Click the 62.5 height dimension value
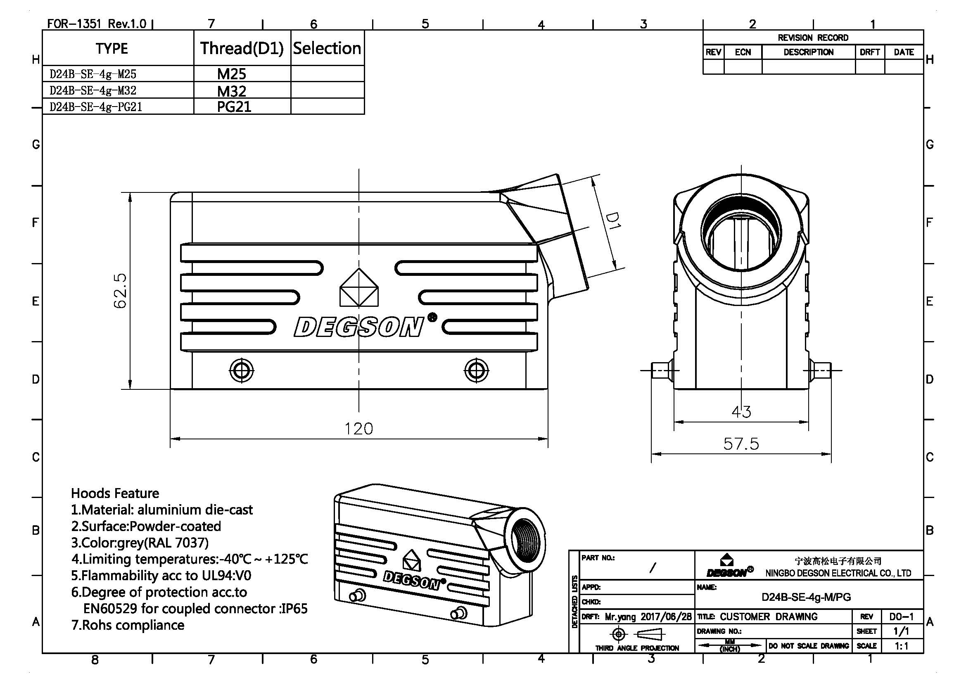click(x=120, y=291)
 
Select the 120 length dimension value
click(x=358, y=429)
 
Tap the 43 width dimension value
click(x=741, y=411)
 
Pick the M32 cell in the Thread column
click(x=232, y=91)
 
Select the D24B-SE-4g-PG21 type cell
click(x=96, y=107)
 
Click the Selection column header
click(x=327, y=48)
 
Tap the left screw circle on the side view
click(x=242, y=370)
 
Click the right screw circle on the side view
click(x=476, y=370)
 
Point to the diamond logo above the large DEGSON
click(x=359, y=288)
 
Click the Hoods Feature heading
click(x=115, y=493)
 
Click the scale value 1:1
click(x=902, y=646)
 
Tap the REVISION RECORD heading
click(x=812, y=38)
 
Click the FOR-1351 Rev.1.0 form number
click(x=96, y=24)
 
